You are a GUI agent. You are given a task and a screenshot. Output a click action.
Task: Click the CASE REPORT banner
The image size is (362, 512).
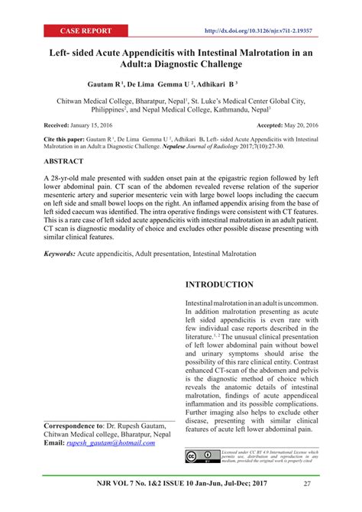(x=86, y=31)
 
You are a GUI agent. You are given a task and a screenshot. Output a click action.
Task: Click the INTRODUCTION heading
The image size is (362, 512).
(x=221, y=284)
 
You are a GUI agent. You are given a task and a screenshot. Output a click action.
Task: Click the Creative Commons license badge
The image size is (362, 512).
(x=201, y=456)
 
